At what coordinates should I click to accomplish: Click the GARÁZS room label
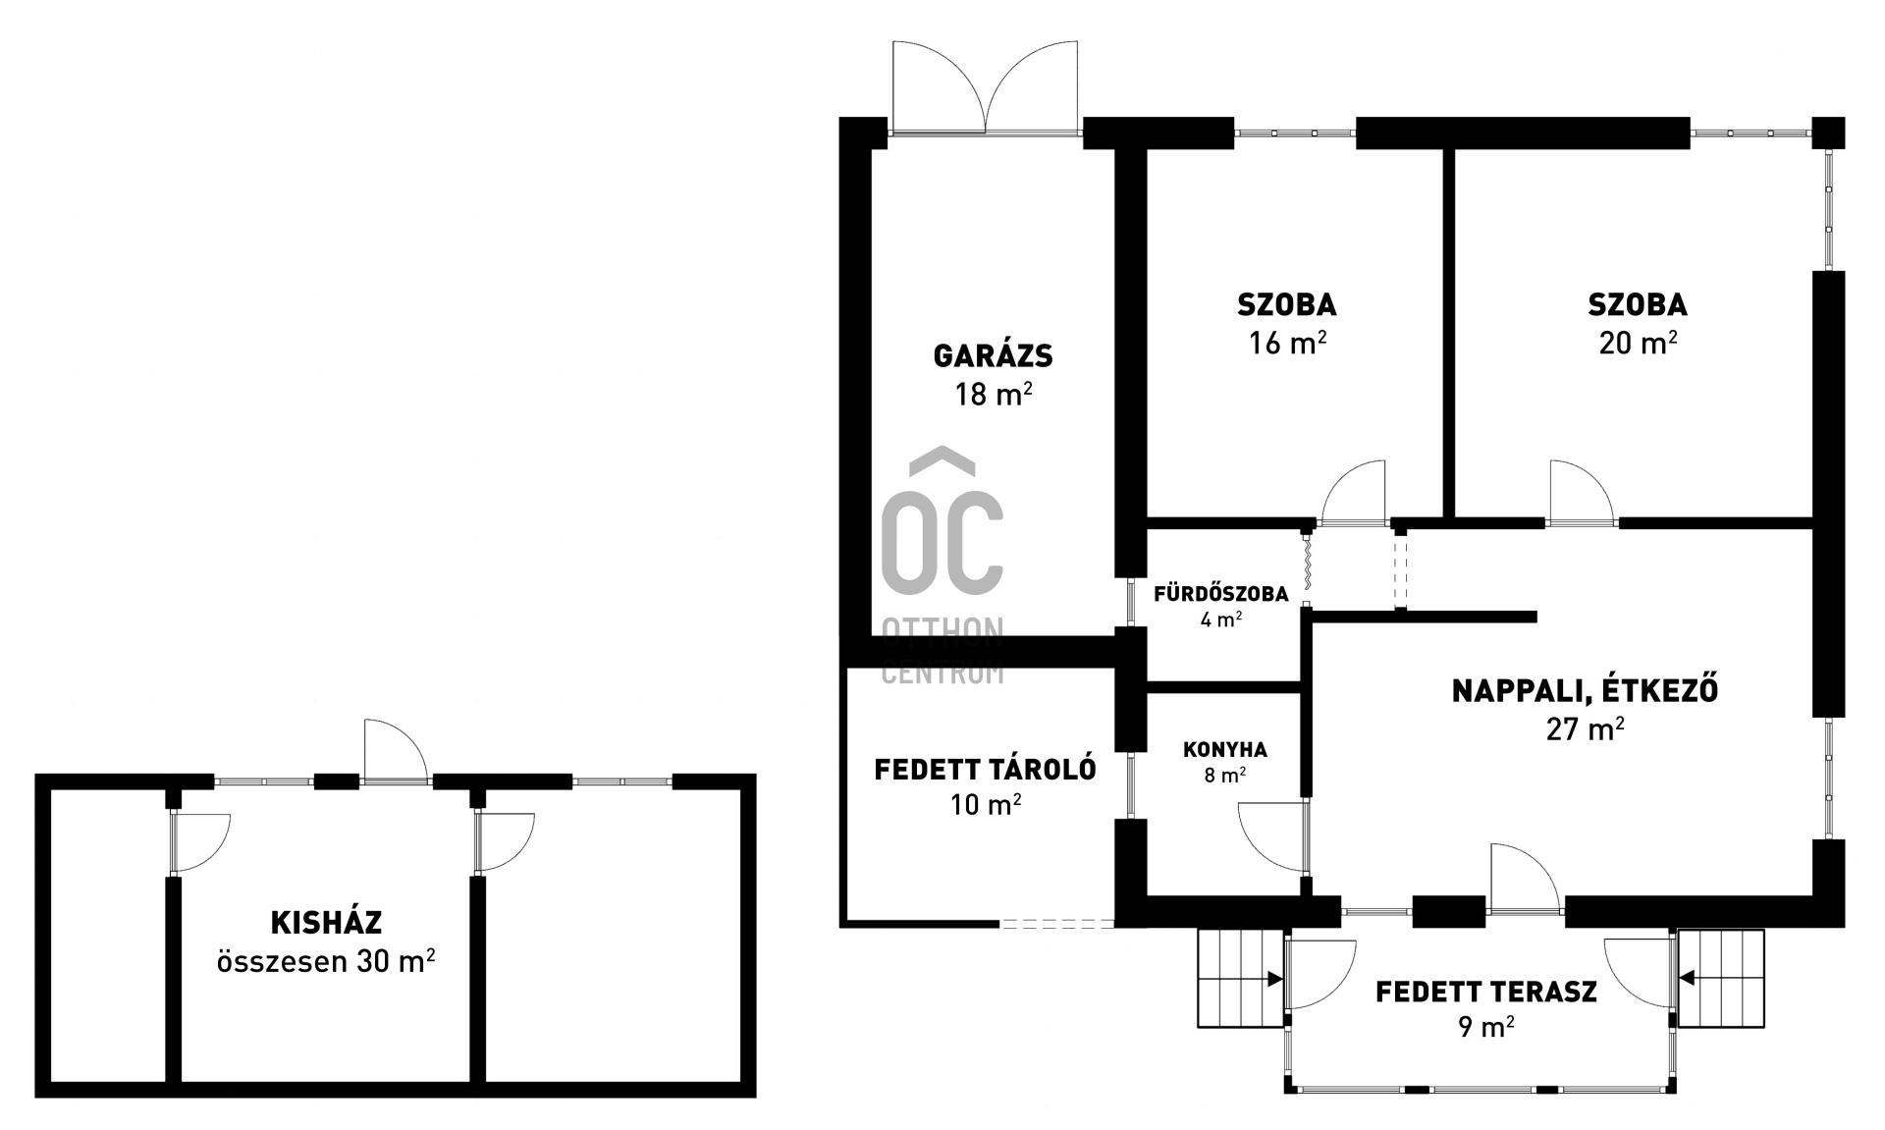click(993, 355)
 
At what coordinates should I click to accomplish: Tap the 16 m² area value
click(1287, 343)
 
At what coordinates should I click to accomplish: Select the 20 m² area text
click(1638, 343)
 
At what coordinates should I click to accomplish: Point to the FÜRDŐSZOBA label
click(1220, 594)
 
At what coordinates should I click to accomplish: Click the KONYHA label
click(1224, 750)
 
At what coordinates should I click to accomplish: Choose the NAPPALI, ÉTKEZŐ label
click(1585, 690)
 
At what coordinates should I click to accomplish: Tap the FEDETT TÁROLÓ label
click(985, 769)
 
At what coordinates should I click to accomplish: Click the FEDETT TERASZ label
click(1485, 992)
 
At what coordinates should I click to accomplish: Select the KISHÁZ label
click(326, 923)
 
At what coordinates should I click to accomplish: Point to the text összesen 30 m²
click(326, 960)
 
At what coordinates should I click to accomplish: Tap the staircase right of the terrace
click(1721, 978)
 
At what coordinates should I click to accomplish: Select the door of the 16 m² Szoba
click(1354, 493)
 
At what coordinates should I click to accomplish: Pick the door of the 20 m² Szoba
click(1581, 493)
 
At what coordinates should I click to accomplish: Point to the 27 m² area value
click(1585, 728)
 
